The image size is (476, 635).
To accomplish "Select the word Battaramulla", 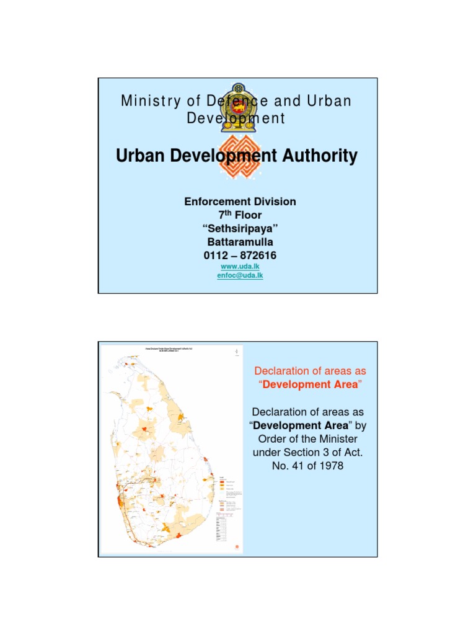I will [240, 242].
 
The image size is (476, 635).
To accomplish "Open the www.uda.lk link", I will [240, 266].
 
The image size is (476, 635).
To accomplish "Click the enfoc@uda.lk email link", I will [240, 275].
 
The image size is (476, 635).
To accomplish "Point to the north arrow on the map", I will [236, 352].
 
